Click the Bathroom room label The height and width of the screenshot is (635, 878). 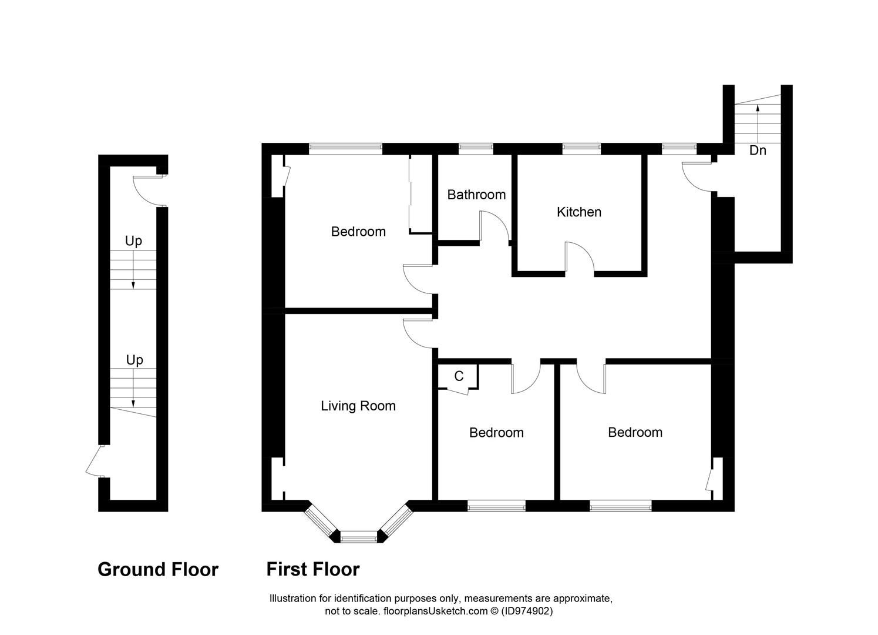click(x=476, y=195)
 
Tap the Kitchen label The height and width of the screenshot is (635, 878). click(x=578, y=212)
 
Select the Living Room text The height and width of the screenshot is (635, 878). click(x=358, y=406)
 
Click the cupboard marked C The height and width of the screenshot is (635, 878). click(x=459, y=376)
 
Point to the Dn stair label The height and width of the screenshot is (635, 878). click(x=758, y=151)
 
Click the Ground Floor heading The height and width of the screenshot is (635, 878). click(x=157, y=569)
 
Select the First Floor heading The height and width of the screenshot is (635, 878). click(x=312, y=569)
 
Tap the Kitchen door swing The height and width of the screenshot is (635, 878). click(x=580, y=259)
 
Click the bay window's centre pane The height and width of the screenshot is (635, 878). click(x=358, y=536)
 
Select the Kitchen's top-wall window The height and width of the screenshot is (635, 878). click(x=581, y=149)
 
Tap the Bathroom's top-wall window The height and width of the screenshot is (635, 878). click(x=475, y=149)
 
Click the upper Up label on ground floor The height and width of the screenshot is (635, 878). click(x=133, y=241)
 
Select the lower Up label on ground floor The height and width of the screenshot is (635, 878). click(x=134, y=360)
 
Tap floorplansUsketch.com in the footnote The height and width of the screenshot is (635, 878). click(x=435, y=611)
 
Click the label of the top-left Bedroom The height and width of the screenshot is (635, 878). click(x=358, y=232)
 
